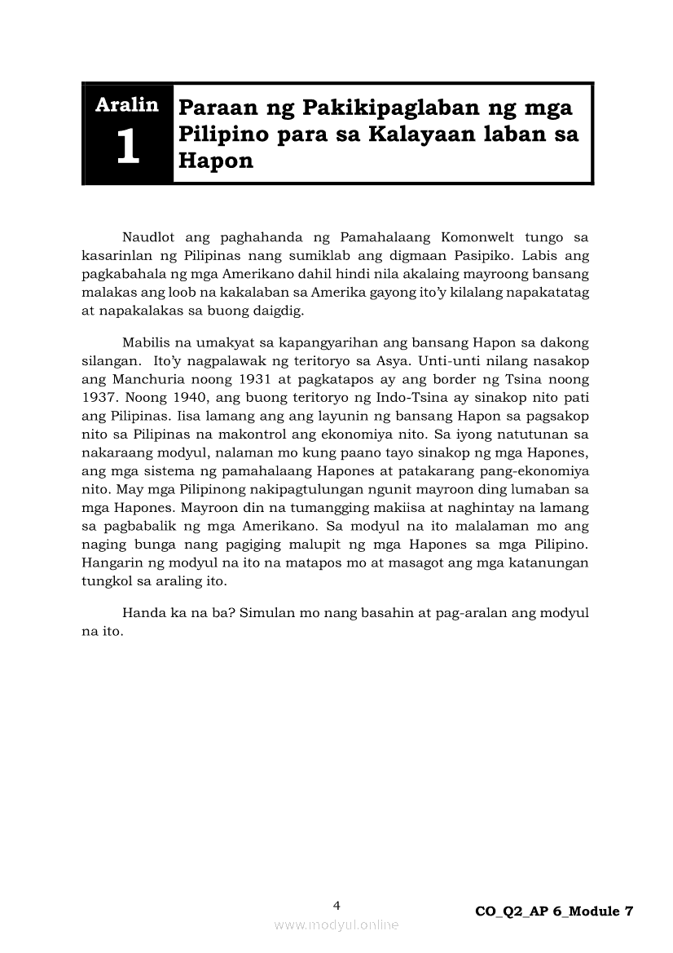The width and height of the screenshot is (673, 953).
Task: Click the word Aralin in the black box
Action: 127,105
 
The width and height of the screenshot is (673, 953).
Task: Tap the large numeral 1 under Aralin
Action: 127,148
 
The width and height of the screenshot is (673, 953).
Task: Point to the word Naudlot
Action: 148,238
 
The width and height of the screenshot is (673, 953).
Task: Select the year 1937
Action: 98,398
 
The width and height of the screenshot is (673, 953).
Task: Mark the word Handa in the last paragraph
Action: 140,612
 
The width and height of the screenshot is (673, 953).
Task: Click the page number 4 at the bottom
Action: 336,906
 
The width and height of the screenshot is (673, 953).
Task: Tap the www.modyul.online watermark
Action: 336,925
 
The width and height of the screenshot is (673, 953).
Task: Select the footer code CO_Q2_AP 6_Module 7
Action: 554,912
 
